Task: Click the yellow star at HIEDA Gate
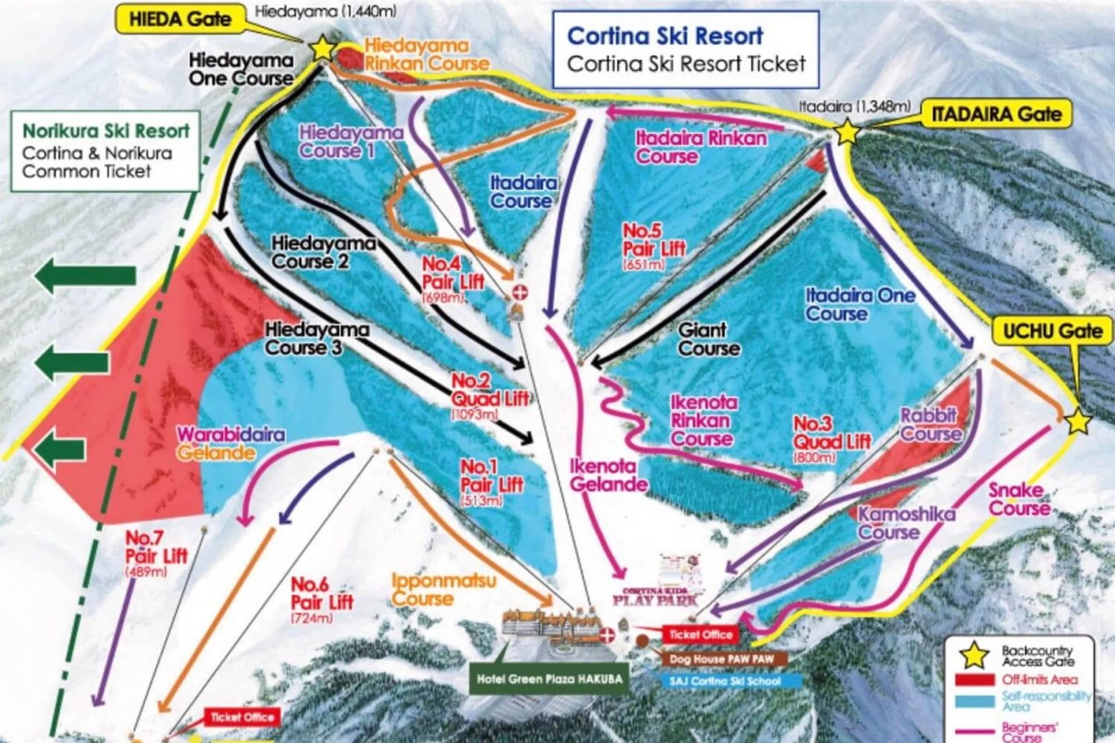(322, 48)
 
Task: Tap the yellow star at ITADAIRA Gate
(846, 132)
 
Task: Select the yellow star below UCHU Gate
(1078, 421)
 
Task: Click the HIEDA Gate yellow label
(180, 20)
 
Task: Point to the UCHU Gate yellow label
(1053, 331)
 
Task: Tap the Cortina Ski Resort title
(665, 36)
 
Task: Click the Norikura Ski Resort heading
(106, 131)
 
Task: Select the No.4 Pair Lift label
(453, 273)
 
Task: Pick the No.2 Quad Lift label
(489, 390)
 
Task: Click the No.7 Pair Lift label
(156, 547)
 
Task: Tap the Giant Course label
(709, 339)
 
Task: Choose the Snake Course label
(1019, 499)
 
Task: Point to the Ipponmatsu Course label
(443, 590)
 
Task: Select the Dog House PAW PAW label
(721, 659)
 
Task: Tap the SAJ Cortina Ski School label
(725, 681)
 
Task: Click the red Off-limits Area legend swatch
(975, 680)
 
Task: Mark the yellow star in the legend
(975, 655)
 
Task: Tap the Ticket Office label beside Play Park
(700, 634)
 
